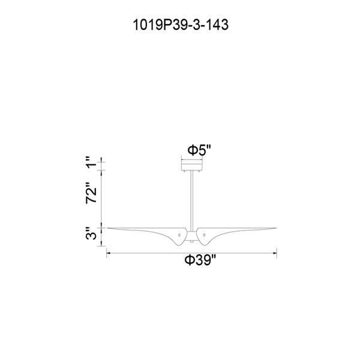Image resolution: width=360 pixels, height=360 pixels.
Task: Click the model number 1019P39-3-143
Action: pos(181,25)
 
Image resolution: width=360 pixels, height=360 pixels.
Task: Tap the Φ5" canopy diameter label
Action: pos(199,151)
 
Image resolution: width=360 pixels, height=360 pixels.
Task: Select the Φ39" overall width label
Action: pos(200,260)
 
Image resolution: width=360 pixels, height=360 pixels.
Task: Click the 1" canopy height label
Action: pos(91,163)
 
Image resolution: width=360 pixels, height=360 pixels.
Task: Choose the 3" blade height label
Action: pos(91,233)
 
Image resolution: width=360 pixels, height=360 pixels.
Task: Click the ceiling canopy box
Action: pos(192,166)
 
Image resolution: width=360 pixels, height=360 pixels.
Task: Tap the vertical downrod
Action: pos(192,201)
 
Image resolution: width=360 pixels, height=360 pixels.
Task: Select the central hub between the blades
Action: pos(192,236)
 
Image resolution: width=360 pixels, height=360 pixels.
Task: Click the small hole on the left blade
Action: pos(179,235)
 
